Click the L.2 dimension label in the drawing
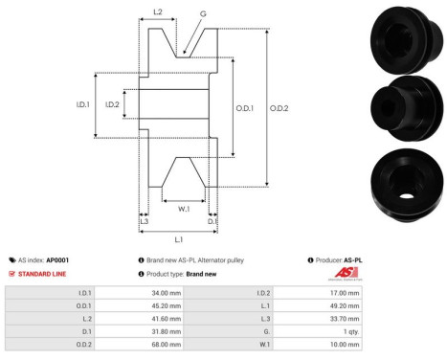click(x=158, y=12)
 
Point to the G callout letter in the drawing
click(x=202, y=14)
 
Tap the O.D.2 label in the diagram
click(x=279, y=108)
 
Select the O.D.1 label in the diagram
click(x=245, y=108)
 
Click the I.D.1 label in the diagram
click(x=83, y=105)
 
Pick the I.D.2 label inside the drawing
click(x=112, y=105)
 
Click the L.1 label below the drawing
click(x=178, y=238)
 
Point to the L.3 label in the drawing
click(x=144, y=221)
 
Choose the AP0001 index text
click(x=57, y=259)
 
